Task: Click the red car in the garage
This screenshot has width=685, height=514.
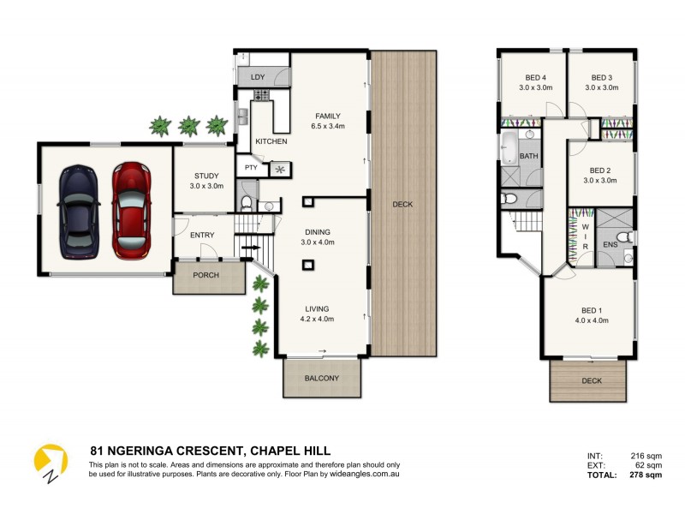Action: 130,210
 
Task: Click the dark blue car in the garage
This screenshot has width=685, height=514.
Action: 77,212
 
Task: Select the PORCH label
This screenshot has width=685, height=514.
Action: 205,275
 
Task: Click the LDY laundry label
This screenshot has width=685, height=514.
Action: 258,77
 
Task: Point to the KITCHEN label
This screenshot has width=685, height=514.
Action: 271,141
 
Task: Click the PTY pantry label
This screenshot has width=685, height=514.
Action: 251,168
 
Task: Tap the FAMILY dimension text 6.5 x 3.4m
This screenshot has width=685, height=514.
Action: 328,126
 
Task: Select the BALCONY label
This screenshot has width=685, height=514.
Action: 322,378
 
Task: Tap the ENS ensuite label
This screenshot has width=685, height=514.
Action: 610,245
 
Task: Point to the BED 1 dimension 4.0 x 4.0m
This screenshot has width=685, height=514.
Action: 590,320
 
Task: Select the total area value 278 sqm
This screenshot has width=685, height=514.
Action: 646,475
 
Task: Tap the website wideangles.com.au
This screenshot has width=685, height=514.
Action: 360,473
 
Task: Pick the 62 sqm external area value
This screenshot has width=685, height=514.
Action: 649,465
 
